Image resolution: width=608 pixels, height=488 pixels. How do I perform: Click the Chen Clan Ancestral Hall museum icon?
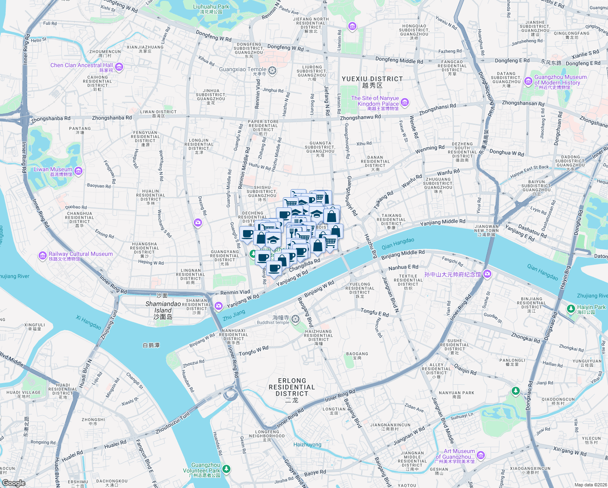click(x=119, y=67)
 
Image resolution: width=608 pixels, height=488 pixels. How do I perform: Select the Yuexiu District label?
click(x=372, y=79)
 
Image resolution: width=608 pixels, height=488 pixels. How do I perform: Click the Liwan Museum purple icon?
click(x=78, y=171)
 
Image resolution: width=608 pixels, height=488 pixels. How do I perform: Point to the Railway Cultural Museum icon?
click(x=43, y=255)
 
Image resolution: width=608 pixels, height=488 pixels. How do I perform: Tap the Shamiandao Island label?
click(x=163, y=310)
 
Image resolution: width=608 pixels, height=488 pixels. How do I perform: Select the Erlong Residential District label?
click(x=292, y=387)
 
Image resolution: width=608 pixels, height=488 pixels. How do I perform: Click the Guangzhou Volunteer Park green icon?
click(x=226, y=469)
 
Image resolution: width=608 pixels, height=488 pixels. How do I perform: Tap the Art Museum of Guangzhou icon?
click(x=481, y=455)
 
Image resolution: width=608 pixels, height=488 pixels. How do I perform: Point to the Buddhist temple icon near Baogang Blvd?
click(x=295, y=319)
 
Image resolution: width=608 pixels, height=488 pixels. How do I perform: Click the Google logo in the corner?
click(x=14, y=483)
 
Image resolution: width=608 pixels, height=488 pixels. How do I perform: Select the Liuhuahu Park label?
click(x=211, y=7)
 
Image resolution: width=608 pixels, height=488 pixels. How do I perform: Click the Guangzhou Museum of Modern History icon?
click(x=528, y=81)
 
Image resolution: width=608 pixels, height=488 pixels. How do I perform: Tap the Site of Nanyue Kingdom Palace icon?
click(x=405, y=102)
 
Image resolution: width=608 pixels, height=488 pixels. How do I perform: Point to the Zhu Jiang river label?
click(x=234, y=314)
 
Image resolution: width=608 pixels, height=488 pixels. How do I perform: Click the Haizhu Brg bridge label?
click(x=370, y=246)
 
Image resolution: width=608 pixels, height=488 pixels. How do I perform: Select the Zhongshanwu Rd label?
click(x=360, y=117)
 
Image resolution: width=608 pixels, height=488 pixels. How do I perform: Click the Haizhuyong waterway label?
click(x=307, y=444)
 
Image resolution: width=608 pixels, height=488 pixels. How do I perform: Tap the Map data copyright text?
click(x=591, y=485)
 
